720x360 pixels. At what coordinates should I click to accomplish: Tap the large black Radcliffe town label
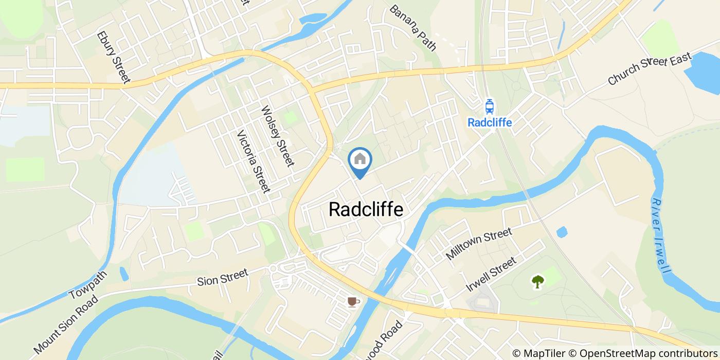[x=366, y=209]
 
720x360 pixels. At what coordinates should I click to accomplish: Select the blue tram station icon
[x=490, y=106]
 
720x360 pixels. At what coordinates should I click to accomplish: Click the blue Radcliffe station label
[x=490, y=122]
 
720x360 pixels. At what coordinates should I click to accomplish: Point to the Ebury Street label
[x=113, y=58]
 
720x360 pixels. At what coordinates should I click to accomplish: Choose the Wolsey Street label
[x=277, y=136]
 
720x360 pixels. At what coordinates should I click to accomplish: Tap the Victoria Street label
[x=253, y=161]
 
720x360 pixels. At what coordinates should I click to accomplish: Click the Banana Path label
[x=412, y=28]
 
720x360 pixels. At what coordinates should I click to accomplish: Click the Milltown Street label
[x=479, y=244]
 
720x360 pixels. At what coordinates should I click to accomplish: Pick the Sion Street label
[x=223, y=278]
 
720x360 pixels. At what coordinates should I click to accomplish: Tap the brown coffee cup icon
[x=352, y=301]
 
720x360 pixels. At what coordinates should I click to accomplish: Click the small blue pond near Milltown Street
[x=562, y=232]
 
